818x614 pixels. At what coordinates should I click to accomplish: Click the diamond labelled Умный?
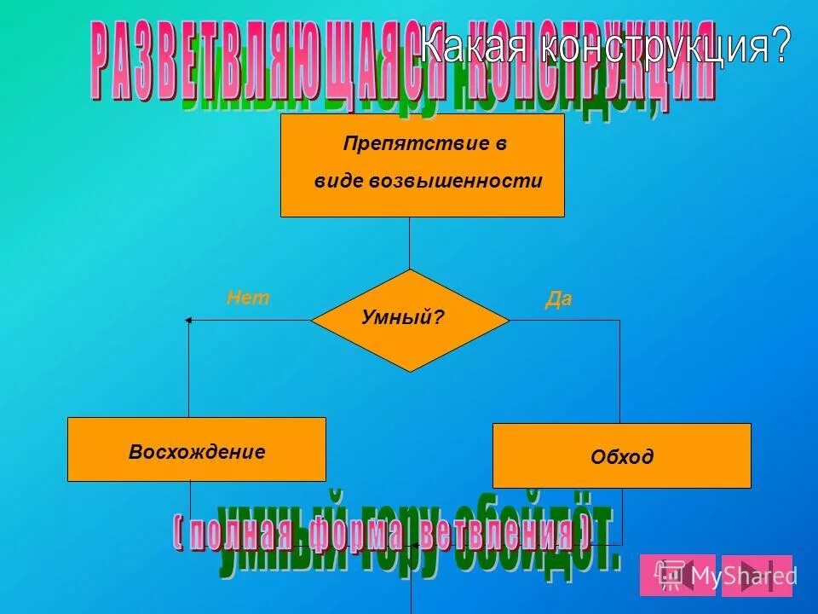click(410, 320)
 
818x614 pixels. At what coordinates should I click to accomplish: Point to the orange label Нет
click(248, 298)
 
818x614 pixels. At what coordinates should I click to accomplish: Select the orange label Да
click(558, 300)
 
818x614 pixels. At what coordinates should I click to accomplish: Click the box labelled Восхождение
click(197, 450)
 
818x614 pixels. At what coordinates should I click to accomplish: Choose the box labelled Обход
click(622, 456)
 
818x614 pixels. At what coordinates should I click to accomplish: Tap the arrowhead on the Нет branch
click(190, 320)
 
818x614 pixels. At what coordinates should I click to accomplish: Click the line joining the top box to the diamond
click(410, 243)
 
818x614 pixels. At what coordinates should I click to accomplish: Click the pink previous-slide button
click(677, 575)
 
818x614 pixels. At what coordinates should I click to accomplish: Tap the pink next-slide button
click(757, 575)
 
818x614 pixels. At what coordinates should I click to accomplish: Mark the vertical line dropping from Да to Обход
click(619, 371)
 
